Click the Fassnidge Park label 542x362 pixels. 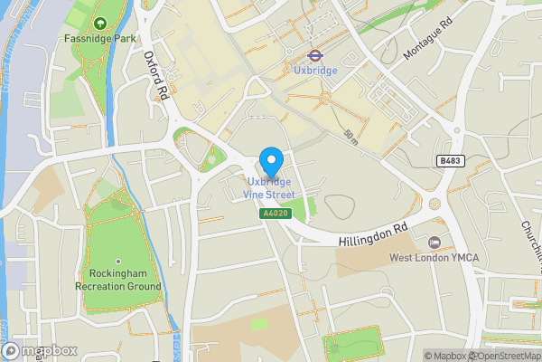coord(99,39)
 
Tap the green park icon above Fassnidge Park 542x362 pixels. coord(99,23)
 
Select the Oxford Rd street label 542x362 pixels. coord(157,76)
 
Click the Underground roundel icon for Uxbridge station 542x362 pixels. coord(315,53)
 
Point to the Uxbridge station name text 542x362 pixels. coord(315,70)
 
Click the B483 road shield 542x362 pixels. coord(450,160)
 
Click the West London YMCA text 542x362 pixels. coord(434,257)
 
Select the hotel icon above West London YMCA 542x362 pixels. coord(435,242)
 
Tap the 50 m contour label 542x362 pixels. coord(350,136)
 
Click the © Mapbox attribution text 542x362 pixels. coord(445,356)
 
